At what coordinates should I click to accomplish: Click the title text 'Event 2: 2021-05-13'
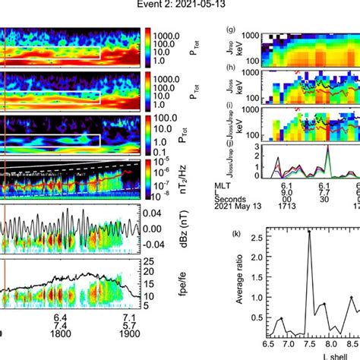(180, 6)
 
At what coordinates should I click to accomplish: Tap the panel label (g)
(231, 31)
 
